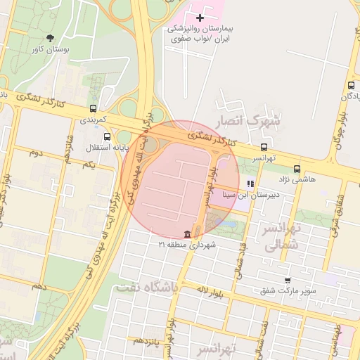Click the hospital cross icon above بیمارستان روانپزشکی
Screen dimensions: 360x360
point(200,17)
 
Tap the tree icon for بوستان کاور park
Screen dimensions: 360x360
point(50,38)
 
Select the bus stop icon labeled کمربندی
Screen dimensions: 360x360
point(94,108)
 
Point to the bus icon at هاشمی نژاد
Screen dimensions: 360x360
point(297,169)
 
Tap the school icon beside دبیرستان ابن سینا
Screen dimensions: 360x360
point(250,184)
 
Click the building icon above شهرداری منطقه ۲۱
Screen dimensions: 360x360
point(187,233)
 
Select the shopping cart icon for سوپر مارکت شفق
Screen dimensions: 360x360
point(287,279)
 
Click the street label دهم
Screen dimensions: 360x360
point(39,287)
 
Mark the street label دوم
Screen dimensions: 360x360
point(36,153)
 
